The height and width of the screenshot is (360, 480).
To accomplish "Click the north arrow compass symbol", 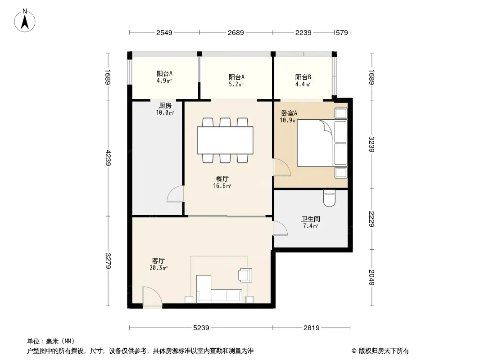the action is (x=25, y=21).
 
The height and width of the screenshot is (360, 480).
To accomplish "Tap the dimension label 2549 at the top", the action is (x=164, y=33).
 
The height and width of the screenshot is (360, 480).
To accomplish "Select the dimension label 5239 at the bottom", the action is (x=201, y=328).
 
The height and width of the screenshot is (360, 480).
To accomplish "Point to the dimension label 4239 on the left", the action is (x=108, y=158).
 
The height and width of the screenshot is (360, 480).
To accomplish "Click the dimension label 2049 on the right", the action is (x=371, y=277).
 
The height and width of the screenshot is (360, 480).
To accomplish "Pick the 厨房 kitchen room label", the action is (x=165, y=106).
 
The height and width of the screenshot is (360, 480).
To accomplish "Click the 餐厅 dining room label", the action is (x=222, y=179).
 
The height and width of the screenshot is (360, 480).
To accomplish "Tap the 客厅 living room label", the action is (x=158, y=261).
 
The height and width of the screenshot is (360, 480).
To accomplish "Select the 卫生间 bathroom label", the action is (x=310, y=219).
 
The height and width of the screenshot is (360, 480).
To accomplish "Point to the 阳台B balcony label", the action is (x=303, y=77).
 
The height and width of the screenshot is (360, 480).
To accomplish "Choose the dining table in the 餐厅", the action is (x=225, y=140).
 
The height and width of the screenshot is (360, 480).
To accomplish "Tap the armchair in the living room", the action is (x=245, y=274).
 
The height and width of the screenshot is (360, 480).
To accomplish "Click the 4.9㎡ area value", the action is (x=164, y=81).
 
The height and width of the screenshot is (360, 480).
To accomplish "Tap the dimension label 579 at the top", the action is (x=342, y=33).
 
